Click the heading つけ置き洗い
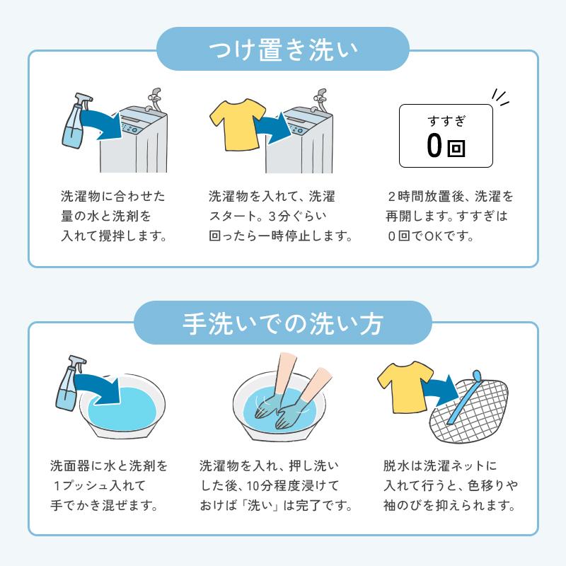283,50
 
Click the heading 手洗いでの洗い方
283,323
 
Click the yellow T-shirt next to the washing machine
236,124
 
